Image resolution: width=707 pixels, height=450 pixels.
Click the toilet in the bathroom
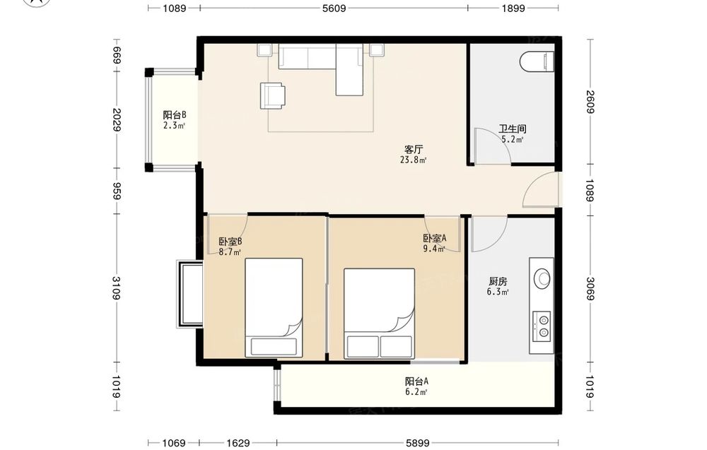(537, 61)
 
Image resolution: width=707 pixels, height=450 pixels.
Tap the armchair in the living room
(272, 96)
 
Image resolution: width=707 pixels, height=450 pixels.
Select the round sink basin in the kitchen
(542, 278)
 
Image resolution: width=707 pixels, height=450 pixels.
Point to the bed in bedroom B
(274, 308)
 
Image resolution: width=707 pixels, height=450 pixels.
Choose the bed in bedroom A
(379, 314)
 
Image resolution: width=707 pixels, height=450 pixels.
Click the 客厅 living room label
(413, 149)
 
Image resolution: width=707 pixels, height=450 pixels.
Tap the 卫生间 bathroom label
(512, 129)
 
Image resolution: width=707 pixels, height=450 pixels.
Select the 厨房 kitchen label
(498, 282)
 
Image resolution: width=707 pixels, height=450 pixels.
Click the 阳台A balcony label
(416, 381)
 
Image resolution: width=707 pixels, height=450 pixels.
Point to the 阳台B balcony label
(175, 115)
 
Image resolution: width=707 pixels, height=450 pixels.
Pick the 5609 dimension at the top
(334, 8)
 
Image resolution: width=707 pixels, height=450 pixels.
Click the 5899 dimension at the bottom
(418, 443)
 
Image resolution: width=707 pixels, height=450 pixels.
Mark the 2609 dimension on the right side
(590, 102)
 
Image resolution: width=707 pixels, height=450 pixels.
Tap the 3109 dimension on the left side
(117, 288)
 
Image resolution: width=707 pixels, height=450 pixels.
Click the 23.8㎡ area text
(413, 160)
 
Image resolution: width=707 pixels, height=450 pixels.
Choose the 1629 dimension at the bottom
(238, 443)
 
